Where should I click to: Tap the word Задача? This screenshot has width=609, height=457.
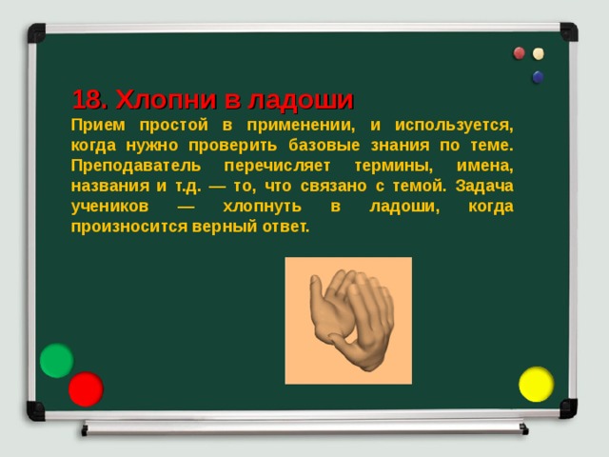point(483,186)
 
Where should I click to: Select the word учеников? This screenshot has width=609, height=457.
point(108,207)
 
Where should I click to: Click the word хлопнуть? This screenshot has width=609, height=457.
point(261,207)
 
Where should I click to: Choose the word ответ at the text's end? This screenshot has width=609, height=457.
point(285,228)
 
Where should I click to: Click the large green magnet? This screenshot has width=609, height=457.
point(57,361)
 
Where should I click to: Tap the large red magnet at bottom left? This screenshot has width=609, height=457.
point(86,389)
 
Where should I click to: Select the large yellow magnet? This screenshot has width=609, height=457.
point(536,384)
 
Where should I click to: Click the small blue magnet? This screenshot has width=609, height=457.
point(538,77)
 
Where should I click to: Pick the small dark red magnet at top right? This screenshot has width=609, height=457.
point(520,53)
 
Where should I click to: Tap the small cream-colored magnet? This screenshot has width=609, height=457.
point(539,54)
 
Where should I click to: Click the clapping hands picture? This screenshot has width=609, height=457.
point(348,320)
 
